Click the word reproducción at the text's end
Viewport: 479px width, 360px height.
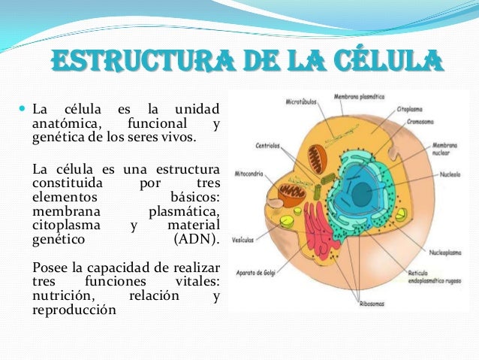click(74, 310)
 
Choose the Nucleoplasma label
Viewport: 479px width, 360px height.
click(448, 253)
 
